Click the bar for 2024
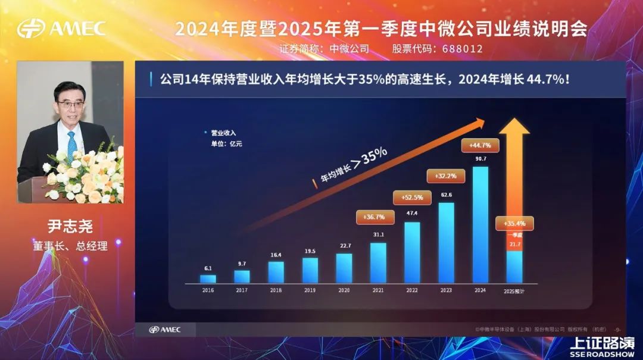(480, 224)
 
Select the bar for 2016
(208, 278)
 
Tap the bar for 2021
(378, 262)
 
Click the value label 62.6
(447, 194)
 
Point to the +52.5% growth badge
(412, 198)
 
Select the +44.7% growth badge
(480, 145)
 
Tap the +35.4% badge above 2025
(514, 224)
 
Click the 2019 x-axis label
(310, 291)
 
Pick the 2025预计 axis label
(514, 291)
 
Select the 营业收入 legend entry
(223, 133)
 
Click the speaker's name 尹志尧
(70, 227)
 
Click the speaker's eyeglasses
(70, 104)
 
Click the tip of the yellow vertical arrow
(514, 121)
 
